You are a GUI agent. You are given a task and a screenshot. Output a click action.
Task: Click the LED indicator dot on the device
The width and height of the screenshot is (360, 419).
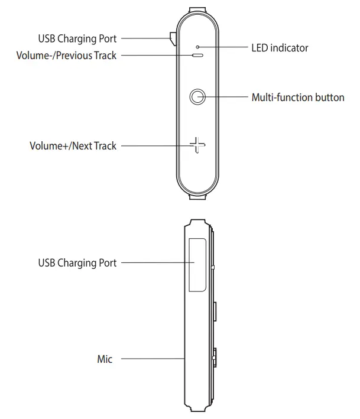pos(197,47)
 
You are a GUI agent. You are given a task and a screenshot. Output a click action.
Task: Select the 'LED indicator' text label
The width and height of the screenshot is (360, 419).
pos(280,48)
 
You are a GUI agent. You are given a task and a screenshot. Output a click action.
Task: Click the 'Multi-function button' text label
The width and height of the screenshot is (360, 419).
pos(298,97)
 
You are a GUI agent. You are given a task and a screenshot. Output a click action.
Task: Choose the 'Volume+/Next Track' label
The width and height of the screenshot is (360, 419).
pos(73,145)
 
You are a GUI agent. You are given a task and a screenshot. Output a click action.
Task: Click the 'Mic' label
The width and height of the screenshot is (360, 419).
pos(105,359)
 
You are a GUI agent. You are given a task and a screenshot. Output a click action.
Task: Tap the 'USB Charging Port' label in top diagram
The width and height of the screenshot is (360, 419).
pos(77,39)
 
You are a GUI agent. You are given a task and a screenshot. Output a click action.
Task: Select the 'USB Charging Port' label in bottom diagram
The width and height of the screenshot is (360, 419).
pos(77,262)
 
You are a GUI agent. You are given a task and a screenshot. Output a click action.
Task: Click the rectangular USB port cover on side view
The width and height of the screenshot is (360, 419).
pos(197,264)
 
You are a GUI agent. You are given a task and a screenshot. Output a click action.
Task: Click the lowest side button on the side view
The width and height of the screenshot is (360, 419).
pos(213,358)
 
